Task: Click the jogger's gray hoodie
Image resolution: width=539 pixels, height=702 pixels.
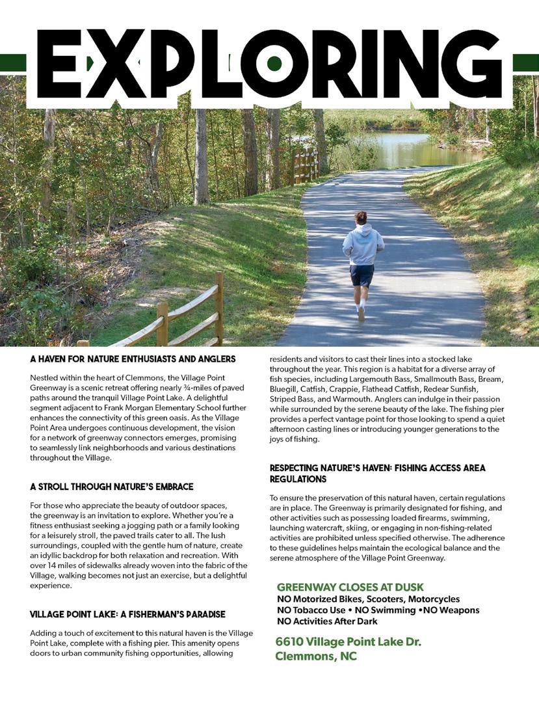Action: pos(363,243)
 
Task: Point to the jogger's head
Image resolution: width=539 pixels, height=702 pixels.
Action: pos(361,217)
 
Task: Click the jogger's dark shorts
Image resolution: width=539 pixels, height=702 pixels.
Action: pos(362,275)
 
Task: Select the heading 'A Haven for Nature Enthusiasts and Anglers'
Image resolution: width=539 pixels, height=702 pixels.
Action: pos(133,358)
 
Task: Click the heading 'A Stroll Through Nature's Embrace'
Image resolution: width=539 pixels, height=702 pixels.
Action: pos(112,487)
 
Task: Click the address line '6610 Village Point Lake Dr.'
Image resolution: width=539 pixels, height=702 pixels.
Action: pos(348,642)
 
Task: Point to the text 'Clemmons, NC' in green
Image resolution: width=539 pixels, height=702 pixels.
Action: pos(316,656)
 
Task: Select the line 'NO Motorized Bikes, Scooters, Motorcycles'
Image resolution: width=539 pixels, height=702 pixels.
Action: pos(368,599)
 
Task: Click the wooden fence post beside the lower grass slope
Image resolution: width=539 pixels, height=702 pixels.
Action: pos(219,309)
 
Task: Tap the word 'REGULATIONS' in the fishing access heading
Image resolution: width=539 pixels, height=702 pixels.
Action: pos(300,479)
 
